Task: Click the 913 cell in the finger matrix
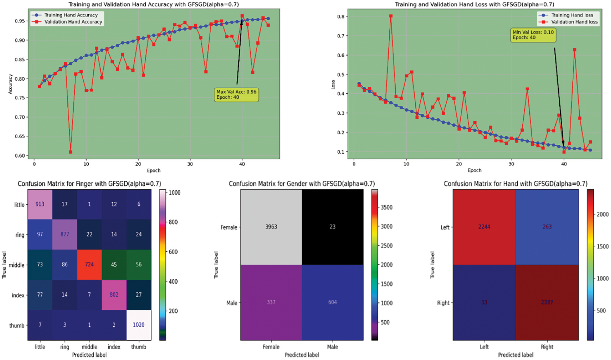(40, 204)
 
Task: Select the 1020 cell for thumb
(139, 325)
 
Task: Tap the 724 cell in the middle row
(89, 264)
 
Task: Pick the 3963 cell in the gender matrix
(271, 227)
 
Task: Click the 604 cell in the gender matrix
(332, 302)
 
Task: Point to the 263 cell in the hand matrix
(547, 227)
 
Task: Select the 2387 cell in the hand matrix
(547, 302)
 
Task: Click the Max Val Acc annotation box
(236, 95)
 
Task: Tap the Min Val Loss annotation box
(533, 35)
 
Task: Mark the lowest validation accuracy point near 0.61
(71, 152)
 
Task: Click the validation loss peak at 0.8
(391, 16)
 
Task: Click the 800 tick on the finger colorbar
(173, 222)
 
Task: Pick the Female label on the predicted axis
(271, 347)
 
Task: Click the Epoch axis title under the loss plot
(474, 170)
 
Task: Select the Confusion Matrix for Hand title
(515, 184)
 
